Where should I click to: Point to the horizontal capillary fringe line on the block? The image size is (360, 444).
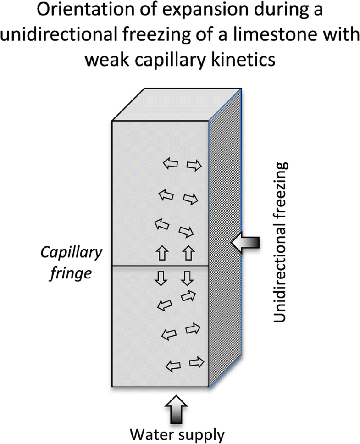161,266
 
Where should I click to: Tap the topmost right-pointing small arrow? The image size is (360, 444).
194,165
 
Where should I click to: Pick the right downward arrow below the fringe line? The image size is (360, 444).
186,277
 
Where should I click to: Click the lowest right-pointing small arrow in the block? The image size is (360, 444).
195,362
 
